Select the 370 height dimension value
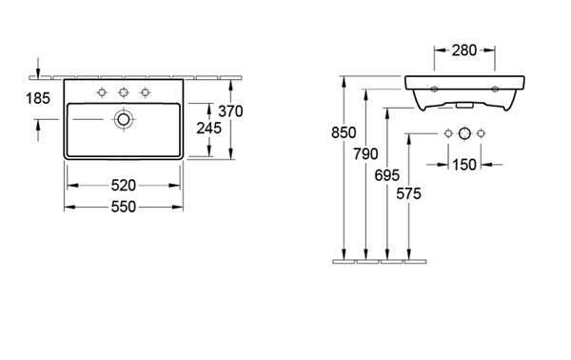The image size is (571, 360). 231,111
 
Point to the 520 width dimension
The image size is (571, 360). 123,185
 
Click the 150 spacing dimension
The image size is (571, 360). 463,166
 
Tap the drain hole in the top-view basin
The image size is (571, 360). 123,120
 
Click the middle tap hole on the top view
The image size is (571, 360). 123,92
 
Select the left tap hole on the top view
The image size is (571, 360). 100,92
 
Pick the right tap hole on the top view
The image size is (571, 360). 146,92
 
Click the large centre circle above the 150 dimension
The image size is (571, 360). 463,131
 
